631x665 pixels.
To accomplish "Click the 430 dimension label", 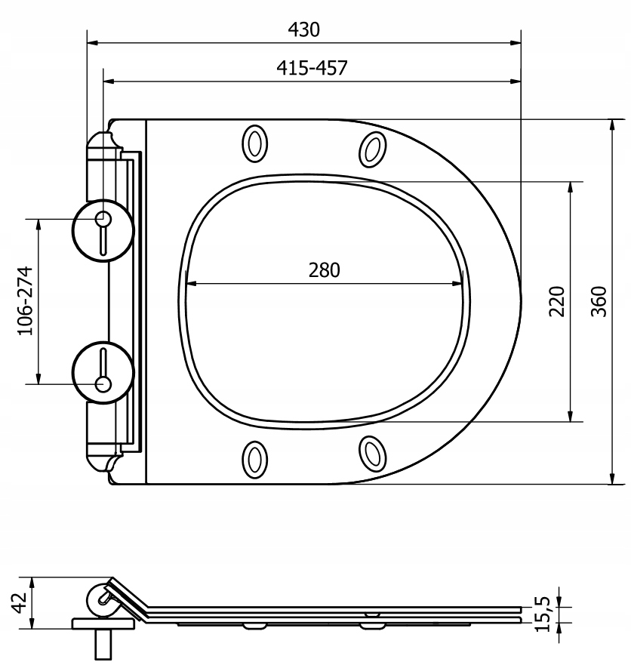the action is click(303, 29).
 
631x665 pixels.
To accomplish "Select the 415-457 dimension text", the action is click(312, 68).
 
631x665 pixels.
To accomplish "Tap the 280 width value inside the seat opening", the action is click(324, 270).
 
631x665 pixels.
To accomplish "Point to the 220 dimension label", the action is click(557, 301).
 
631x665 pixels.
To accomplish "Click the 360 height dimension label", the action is click(599, 301).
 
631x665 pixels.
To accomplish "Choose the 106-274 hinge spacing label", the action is click(25, 301).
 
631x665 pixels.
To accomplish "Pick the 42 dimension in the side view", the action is click(19, 602).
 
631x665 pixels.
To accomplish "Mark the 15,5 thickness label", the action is click(543, 614).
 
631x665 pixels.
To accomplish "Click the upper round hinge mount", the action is click(103, 230).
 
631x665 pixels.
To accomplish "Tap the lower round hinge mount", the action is click(103, 372).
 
